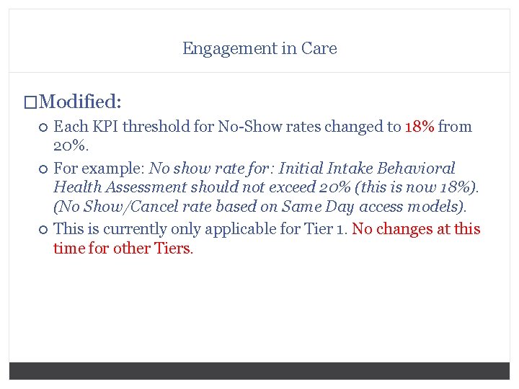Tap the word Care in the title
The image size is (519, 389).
pyautogui.click(x=319, y=49)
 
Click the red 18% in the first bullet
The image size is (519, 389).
pyautogui.click(x=420, y=127)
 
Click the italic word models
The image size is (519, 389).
pyautogui.click(x=435, y=207)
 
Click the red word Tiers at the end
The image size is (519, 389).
pyautogui.click(x=173, y=249)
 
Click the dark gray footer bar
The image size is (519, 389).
pyautogui.click(x=259, y=370)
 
